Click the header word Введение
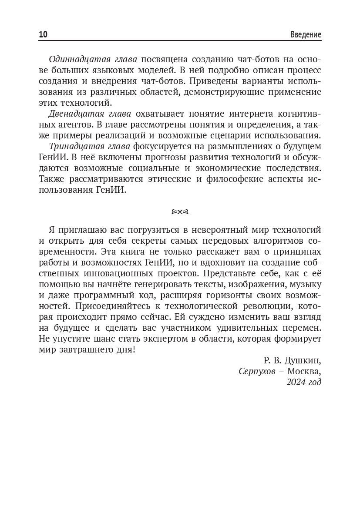coord(306,34)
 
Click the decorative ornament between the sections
coord(180,212)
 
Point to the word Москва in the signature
coord(303,371)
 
